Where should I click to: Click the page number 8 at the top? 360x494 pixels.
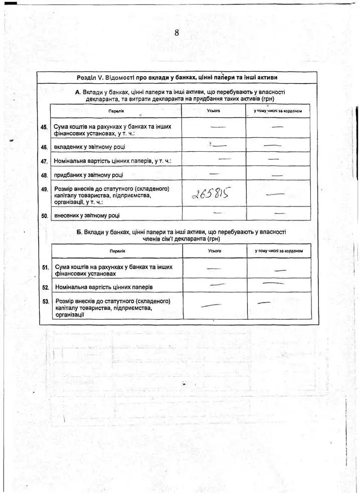point(176,33)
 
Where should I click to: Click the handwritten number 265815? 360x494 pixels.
point(211,193)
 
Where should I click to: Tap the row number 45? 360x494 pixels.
point(44,127)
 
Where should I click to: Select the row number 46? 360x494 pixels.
point(44,147)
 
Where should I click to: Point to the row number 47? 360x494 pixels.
point(44,162)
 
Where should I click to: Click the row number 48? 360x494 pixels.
point(44,176)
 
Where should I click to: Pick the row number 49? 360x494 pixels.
point(44,189)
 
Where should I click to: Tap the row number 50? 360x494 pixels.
point(44,216)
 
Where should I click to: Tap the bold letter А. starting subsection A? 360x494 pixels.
point(78,92)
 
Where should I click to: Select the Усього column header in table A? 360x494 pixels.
point(214,110)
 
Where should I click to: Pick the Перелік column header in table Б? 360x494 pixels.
point(117,251)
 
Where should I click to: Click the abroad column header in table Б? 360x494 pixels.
point(279,251)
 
